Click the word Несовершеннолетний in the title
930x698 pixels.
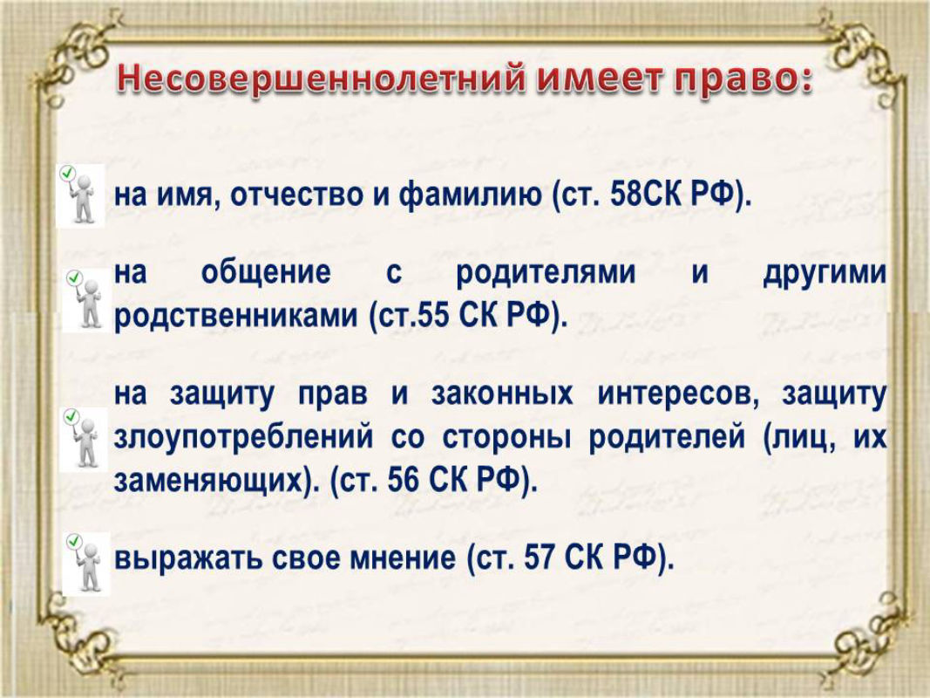click(321, 79)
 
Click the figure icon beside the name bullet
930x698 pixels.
click(81, 195)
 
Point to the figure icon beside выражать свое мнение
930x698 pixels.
click(86, 564)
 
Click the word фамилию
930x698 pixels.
click(470, 195)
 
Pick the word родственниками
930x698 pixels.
click(235, 317)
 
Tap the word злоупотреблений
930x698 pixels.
click(244, 438)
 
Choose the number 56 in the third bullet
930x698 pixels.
click(403, 480)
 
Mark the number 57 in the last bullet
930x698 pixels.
click(540, 557)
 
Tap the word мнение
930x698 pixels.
click(403, 558)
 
